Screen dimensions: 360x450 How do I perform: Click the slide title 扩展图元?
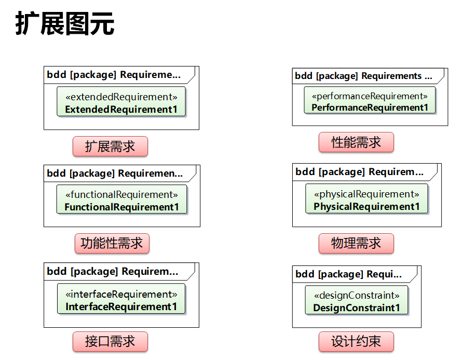click(65, 23)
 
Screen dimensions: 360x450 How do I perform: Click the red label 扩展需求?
click(110, 146)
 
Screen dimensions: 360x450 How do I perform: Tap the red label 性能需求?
click(356, 142)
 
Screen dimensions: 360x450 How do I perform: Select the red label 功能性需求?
click(112, 243)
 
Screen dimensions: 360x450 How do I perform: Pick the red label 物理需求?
click(356, 243)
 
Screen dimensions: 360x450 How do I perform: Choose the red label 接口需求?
click(110, 341)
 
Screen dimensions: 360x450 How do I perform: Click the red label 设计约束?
click(356, 341)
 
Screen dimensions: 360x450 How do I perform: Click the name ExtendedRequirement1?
click(121, 109)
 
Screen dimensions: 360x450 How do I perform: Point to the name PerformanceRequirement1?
click(370, 108)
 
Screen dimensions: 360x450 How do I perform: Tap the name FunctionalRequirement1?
click(121, 207)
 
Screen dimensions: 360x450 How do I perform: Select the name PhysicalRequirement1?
click(366, 206)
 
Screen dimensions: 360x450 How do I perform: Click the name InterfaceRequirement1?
click(121, 306)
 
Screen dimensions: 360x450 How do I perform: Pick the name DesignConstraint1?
click(357, 308)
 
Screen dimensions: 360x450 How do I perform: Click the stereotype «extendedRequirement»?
click(121, 97)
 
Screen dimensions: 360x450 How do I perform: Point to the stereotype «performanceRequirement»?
click(370, 96)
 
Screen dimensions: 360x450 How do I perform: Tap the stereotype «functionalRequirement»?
click(121, 195)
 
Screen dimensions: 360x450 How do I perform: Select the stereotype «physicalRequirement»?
click(366, 194)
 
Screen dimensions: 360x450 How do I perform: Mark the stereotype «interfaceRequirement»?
click(121, 295)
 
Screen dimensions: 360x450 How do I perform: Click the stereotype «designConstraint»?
click(357, 296)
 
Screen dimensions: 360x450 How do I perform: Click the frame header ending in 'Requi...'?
click(348, 274)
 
